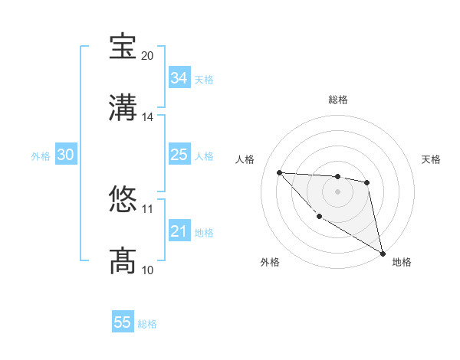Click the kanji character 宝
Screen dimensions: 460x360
[x=123, y=47]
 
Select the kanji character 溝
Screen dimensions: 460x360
[x=123, y=107]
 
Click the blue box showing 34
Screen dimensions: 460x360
[x=179, y=78]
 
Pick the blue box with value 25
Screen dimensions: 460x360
[x=179, y=155]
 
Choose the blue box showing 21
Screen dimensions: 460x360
[x=179, y=231]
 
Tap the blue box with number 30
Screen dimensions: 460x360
[x=66, y=155]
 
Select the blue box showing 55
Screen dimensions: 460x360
[x=123, y=322]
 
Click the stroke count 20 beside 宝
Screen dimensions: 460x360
[x=147, y=56]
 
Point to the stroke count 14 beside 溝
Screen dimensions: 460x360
[x=147, y=117]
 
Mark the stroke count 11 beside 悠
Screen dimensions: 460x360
[x=147, y=208]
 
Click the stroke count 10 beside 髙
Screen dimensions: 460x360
[x=147, y=270]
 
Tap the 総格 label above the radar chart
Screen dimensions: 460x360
[x=337, y=100]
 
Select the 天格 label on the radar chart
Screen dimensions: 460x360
[x=431, y=159]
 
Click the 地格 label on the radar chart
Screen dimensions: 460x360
[x=402, y=262]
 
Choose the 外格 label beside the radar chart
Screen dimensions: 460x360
[x=270, y=262]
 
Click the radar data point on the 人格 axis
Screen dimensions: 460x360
[x=280, y=172]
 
